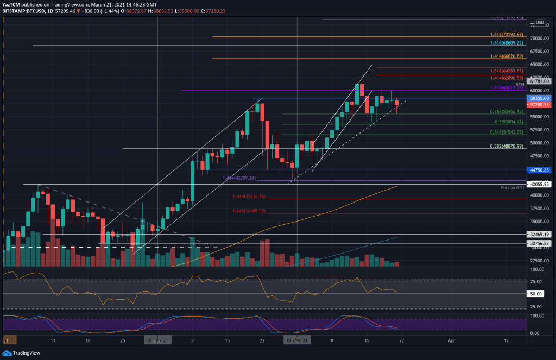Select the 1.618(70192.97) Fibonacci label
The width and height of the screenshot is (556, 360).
(506, 34)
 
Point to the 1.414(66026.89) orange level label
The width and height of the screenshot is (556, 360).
(506, 56)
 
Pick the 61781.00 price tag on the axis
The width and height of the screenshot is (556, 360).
(540, 81)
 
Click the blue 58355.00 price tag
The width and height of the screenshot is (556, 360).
(540, 98)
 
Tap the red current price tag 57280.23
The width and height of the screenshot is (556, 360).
(540, 104)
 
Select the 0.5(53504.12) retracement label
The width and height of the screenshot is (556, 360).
(506, 122)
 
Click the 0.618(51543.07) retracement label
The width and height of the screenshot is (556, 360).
(506, 132)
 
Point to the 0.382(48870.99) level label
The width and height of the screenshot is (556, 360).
(506, 146)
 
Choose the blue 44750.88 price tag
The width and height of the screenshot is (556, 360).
(540, 170)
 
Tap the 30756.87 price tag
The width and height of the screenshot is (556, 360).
(540, 243)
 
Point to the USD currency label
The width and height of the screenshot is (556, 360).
(540, 23)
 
